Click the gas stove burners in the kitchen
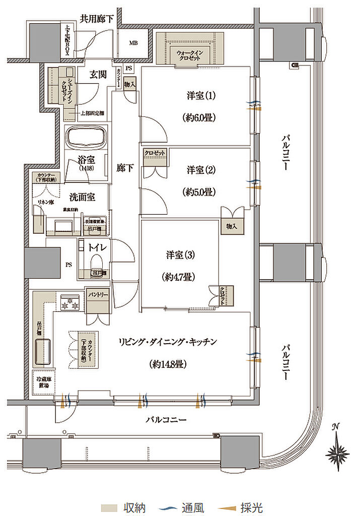[69, 303]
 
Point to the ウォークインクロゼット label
[190, 55]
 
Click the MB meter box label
[133, 43]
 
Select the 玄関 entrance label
[97, 75]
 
